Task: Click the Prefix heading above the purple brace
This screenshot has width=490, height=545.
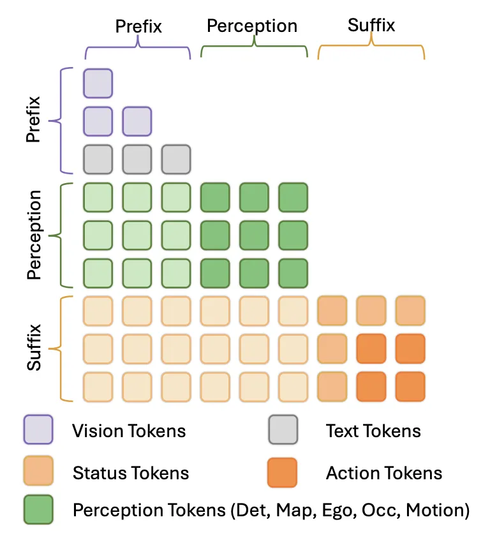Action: [x=138, y=26]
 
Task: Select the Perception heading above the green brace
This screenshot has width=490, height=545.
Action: [x=252, y=26]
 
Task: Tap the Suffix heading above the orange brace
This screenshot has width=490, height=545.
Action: [x=371, y=25]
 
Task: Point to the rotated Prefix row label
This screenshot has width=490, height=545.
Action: [x=34, y=119]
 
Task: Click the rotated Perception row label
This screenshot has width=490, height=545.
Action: [x=34, y=235]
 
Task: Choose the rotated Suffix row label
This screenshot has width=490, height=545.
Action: [x=34, y=347]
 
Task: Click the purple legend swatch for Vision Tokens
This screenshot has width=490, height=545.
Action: [x=38, y=429]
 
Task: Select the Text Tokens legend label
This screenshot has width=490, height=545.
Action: [x=373, y=431]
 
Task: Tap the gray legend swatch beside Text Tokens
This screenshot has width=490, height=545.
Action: [x=283, y=429]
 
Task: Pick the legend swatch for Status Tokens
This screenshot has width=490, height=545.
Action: [x=38, y=470]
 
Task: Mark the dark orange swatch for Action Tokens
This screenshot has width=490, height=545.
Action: [x=282, y=472]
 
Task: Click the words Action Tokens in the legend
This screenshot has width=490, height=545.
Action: [x=384, y=473]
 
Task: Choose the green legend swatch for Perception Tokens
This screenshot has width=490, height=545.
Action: [x=38, y=509]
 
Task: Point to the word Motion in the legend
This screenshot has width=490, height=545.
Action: [x=438, y=511]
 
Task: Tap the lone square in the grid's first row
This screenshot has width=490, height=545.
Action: [x=98, y=84]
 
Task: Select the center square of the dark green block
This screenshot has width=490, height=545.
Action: [x=254, y=235]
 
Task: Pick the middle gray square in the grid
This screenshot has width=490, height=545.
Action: [x=137, y=159]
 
